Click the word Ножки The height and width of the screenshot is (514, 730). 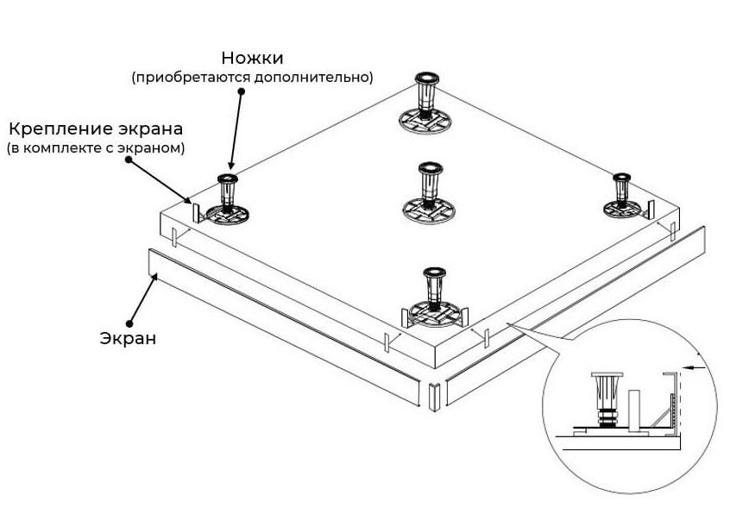(252, 58)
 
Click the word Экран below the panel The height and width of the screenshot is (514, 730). (127, 338)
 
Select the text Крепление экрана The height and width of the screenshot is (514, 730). (96, 130)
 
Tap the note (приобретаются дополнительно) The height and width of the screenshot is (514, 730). (252, 78)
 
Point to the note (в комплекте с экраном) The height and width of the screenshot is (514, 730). (96, 148)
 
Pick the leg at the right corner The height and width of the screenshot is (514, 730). (620, 196)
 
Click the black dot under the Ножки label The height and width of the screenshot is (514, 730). (242, 90)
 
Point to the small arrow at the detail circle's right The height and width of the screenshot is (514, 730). (700, 367)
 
